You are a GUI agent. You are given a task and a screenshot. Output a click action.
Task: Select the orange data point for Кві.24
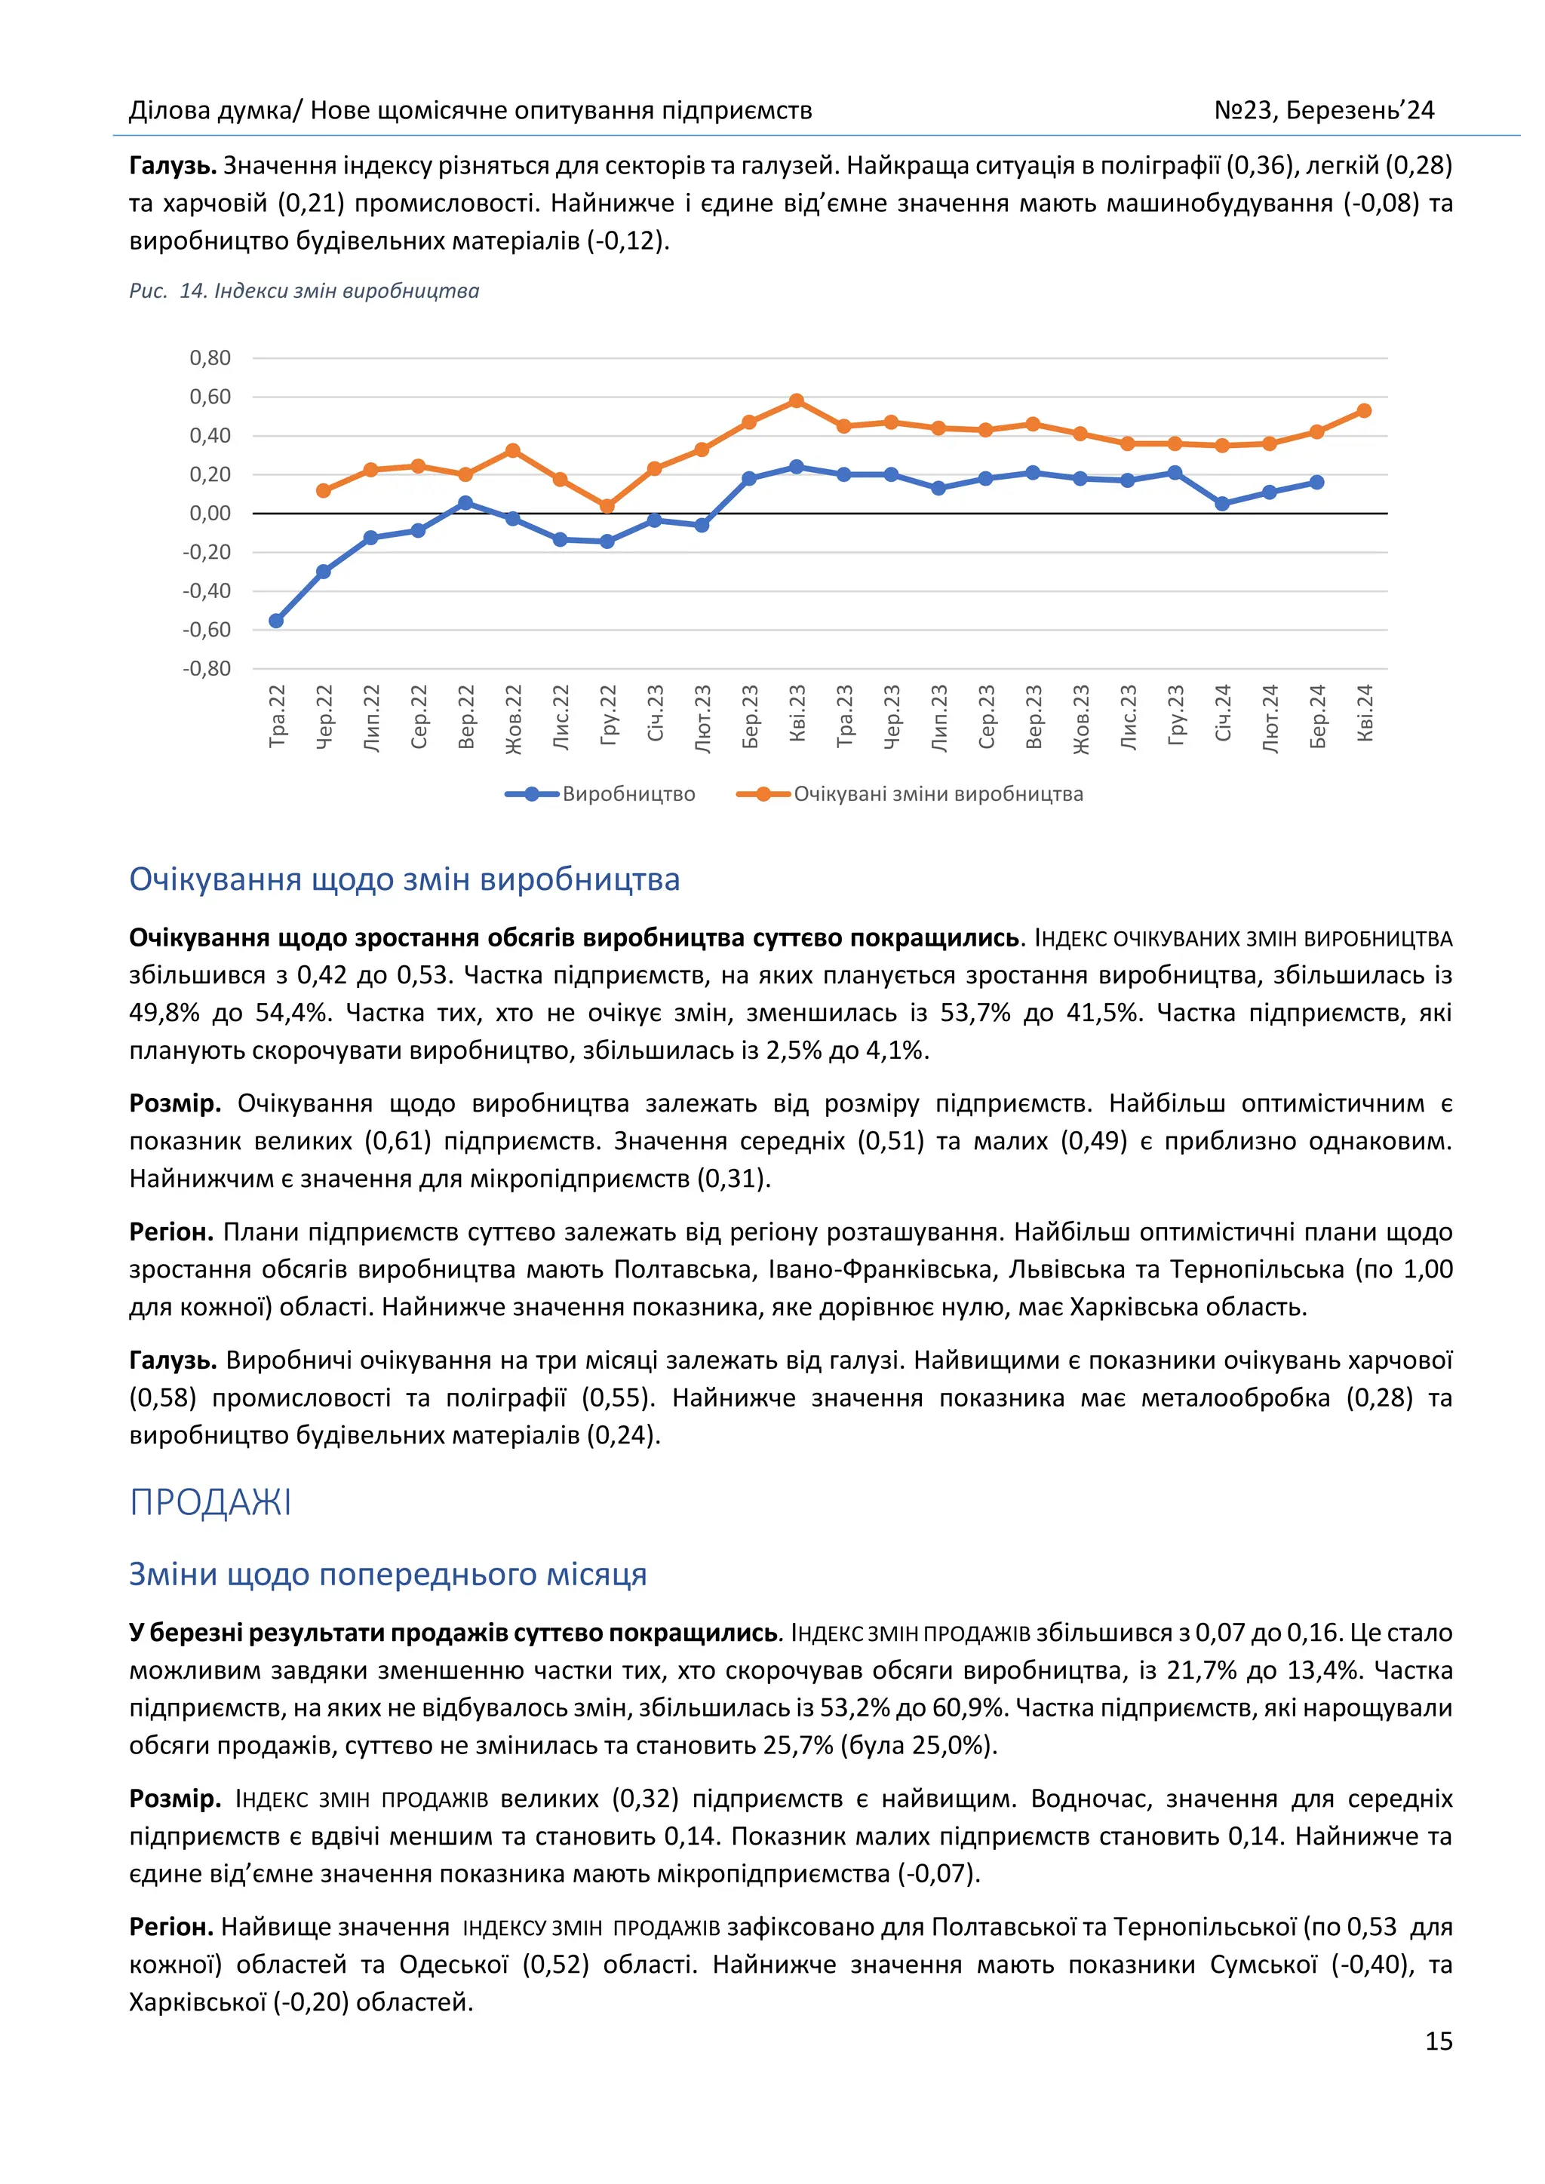(x=1363, y=411)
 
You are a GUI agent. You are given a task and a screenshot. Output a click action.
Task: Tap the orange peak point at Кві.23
(x=797, y=401)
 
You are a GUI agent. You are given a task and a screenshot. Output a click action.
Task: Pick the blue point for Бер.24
(x=1316, y=482)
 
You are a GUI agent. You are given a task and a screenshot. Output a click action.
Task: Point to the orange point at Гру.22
(x=607, y=506)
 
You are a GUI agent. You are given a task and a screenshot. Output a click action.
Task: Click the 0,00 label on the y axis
(x=210, y=514)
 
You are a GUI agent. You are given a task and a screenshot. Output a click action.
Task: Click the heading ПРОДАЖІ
(x=210, y=1503)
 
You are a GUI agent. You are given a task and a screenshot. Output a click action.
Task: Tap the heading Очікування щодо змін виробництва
(x=404, y=879)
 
